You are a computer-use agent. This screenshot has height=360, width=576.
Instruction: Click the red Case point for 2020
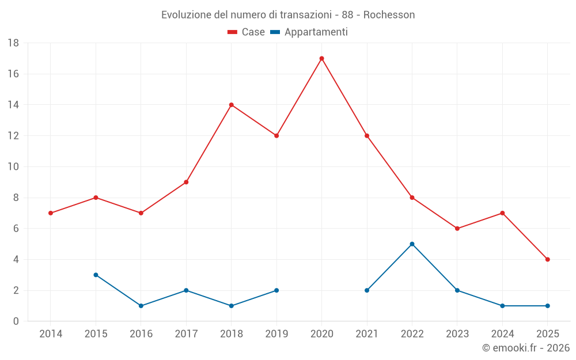[321, 58]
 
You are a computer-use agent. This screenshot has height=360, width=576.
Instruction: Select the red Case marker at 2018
[231, 105]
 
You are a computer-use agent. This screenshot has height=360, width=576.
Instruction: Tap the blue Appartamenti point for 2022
[412, 244]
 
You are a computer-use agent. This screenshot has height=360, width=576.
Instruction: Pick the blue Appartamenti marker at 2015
[96, 275]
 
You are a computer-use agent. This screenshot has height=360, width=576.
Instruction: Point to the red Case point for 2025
[547, 259]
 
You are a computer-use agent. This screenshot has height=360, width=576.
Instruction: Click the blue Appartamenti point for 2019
[276, 290]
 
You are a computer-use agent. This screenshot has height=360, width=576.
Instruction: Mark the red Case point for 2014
[51, 213]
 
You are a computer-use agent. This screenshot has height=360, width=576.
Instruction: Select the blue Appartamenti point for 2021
[367, 290]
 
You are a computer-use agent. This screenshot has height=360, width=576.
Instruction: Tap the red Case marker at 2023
[457, 229]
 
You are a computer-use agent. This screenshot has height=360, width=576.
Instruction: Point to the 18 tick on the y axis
[13, 43]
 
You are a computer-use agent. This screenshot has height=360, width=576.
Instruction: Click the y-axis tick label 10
[13, 167]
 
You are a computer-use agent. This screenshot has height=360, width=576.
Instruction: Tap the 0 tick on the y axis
[16, 321]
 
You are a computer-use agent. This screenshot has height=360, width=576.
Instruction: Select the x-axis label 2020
[321, 334]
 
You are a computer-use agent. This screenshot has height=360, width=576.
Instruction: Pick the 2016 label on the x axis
[141, 334]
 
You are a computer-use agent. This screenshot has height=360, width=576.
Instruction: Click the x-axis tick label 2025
[547, 334]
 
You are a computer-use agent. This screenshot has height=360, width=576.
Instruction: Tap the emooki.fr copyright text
[526, 348]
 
